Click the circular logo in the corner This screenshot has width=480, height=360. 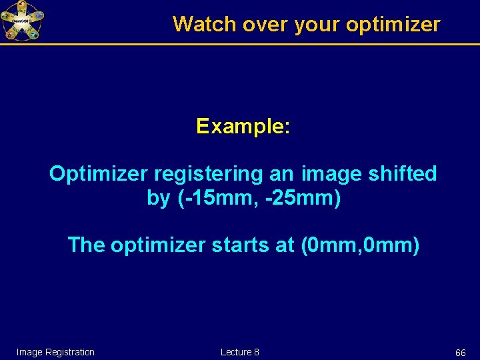pyautogui.click(x=21, y=20)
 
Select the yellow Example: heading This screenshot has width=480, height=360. pyautogui.click(x=243, y=126)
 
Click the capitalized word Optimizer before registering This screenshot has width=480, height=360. pyautogui.click(x=99, y=174)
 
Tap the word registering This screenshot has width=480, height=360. pyautogui.click(x=209, y=174)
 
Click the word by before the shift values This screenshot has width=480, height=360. pyautogui.click(x=158, y=199)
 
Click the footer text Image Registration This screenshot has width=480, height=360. pyautogui.click(x=55, y=352)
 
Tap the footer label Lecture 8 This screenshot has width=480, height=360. pyautogui.click(x=239, y=352)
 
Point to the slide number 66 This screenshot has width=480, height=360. pyautogui.click(x=460, y=352)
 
